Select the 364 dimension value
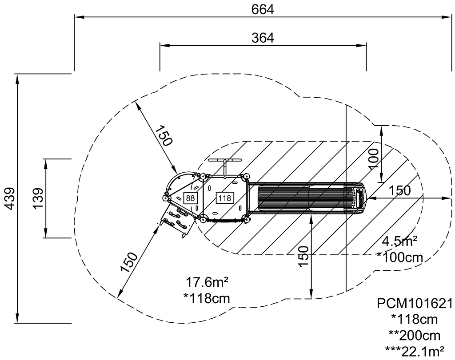click(x=263, y=38)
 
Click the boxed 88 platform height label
click(x=190, y=198)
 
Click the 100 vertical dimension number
click(x=374, y=158)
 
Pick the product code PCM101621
click(x=414, y=304)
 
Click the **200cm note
click(x=414, y=335)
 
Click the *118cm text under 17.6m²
click(x=207, y=298)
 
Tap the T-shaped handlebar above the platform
click(x=225, y=162)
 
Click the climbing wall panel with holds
click(x=177, y=218)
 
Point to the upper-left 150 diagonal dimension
click(x=163, y=136)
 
